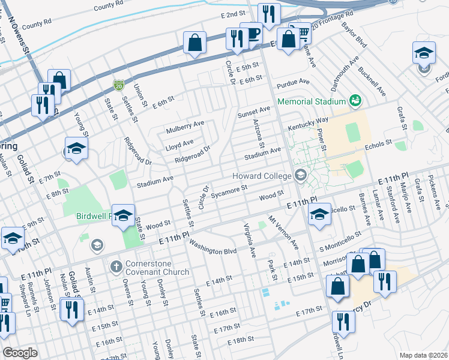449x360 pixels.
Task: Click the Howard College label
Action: click(262, 175)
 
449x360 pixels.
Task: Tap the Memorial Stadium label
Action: click(312, 101)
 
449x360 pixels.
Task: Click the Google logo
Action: click(20, 353)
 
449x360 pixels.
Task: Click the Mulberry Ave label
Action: click(185, 127)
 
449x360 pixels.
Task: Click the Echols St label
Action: click(378, 144)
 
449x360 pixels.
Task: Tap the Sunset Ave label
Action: click(253, 111)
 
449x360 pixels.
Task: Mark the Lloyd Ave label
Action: click(179, 143)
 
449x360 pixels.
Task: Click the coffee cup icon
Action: click(252, 34)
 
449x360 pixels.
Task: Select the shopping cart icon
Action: click(300, 32)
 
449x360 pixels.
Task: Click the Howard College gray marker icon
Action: click(300, 175)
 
